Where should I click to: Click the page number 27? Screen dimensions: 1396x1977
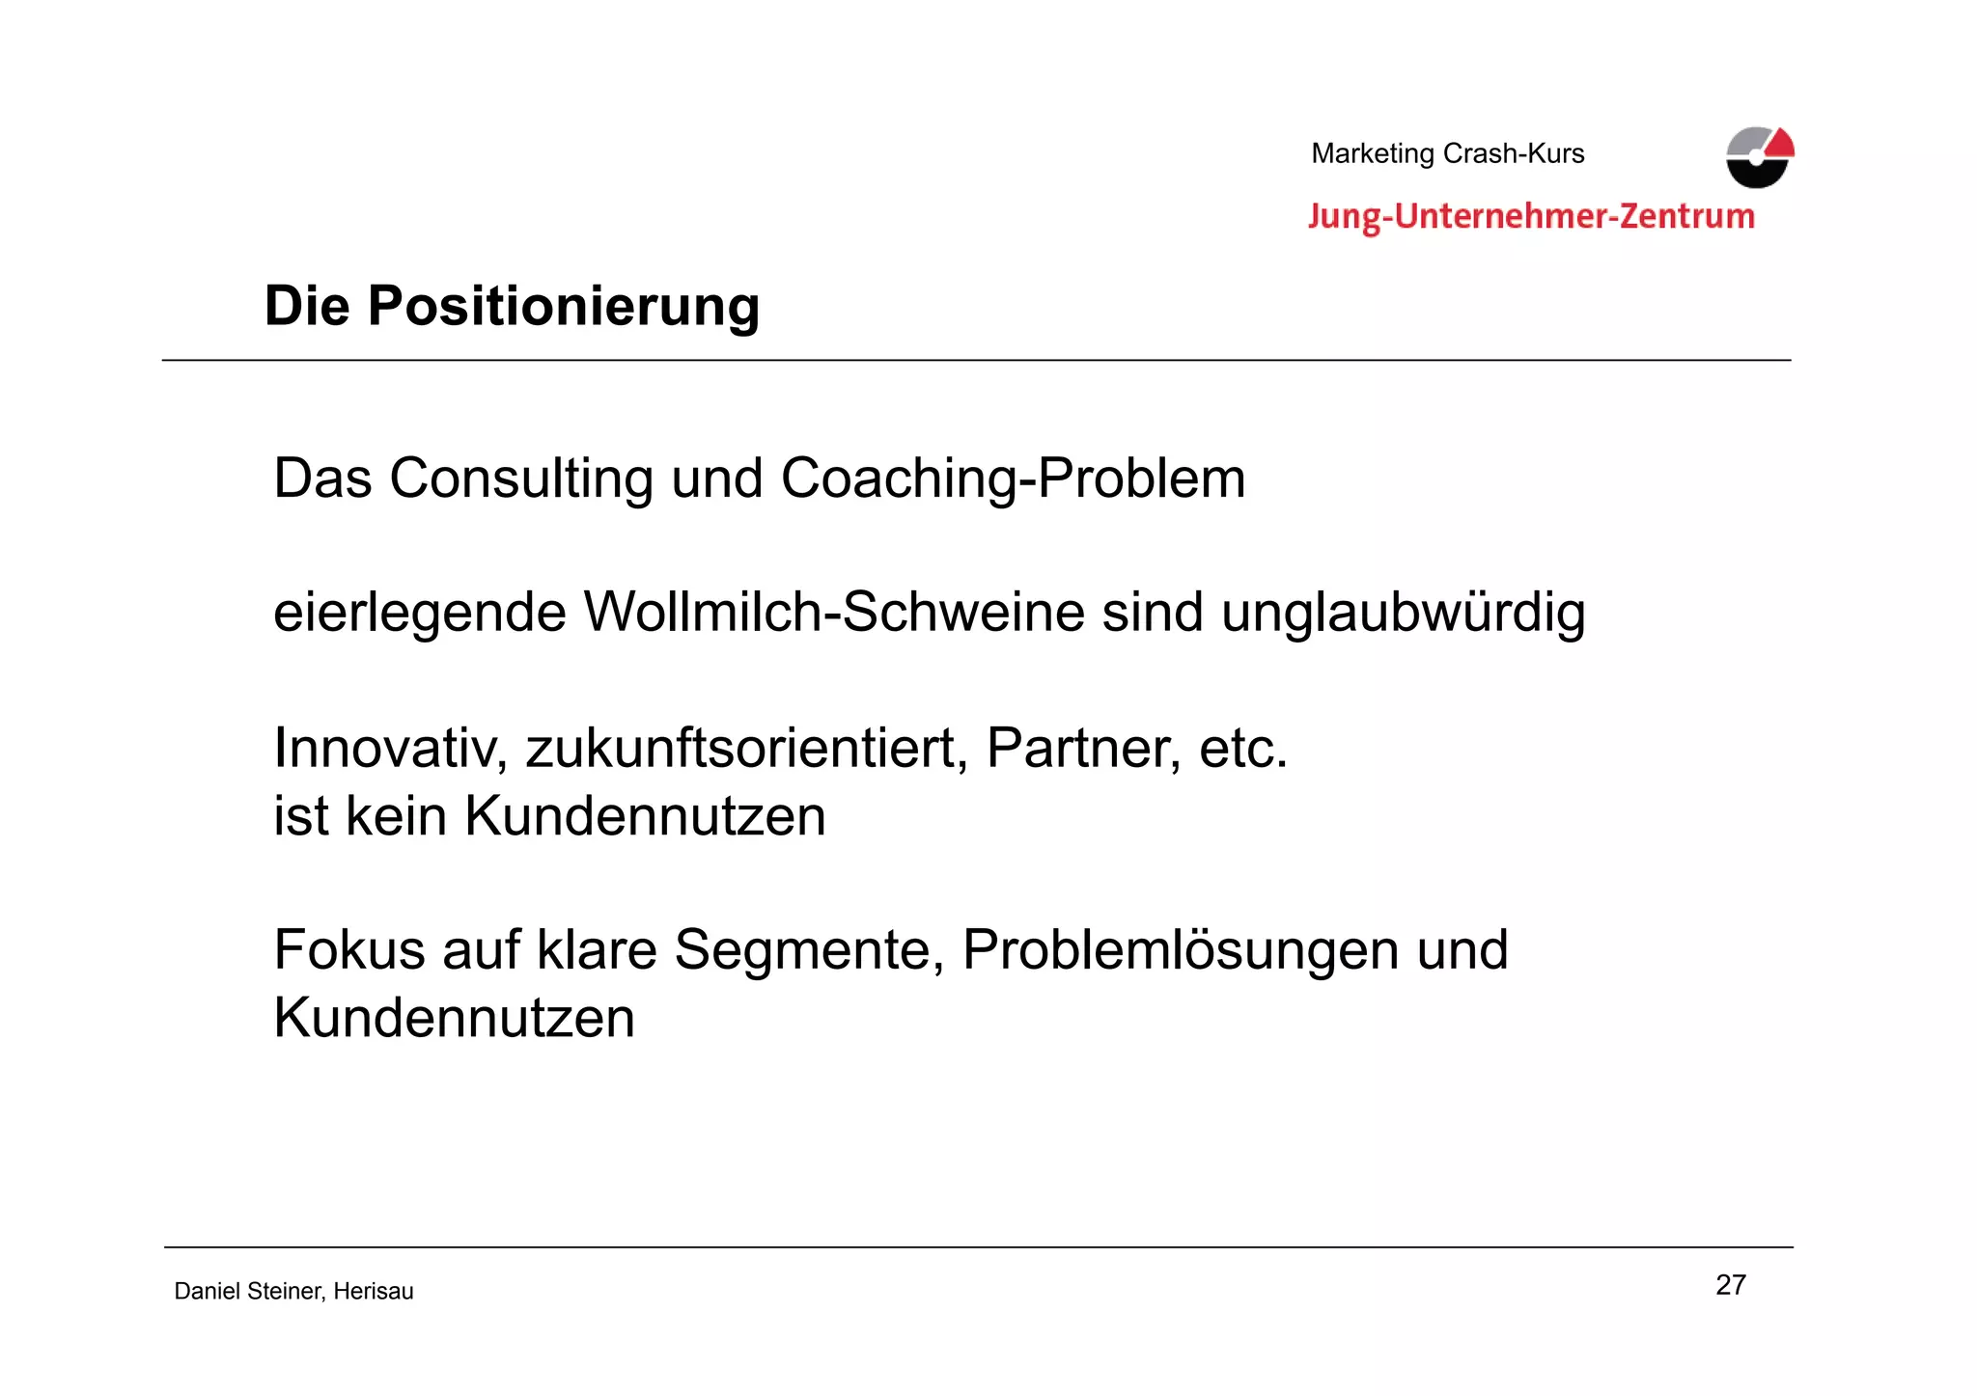[1730, 1285]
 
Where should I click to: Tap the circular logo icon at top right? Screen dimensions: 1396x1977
[1759, 157]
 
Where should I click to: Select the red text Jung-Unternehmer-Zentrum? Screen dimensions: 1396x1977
[1531, 216]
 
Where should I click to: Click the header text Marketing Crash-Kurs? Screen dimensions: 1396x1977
[1447, 153]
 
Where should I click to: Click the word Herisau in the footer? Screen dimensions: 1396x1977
[374, 1292]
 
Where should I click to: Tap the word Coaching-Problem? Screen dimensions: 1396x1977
[1013, 479]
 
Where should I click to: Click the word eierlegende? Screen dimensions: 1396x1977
[419, 614]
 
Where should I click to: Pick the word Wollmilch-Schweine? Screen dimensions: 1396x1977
[834, 613]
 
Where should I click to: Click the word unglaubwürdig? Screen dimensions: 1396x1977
[1403, 614]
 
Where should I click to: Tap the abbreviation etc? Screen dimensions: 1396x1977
[1243, 749]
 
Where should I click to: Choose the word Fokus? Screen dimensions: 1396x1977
[349, 949]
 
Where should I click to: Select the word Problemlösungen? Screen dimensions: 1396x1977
[1180, 951]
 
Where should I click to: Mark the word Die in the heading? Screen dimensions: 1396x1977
[306, 307]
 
